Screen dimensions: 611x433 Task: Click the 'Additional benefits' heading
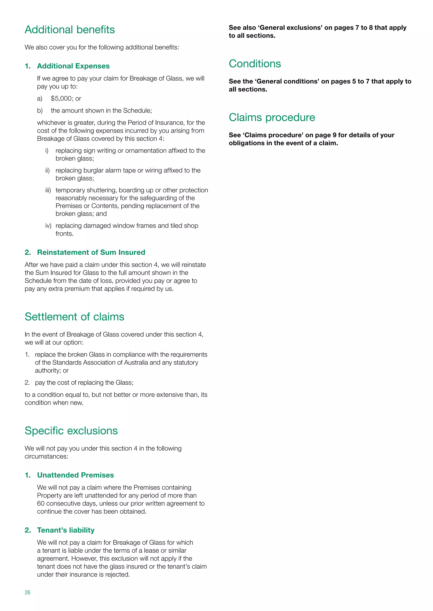pos(70,30)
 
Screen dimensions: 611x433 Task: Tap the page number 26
pos(27,592)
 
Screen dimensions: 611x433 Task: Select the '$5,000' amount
pos(61,99)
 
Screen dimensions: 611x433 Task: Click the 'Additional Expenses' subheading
pos(73,66)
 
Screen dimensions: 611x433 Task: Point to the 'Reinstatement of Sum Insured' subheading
pos(91,252)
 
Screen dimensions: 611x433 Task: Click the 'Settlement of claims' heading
pos(74,317)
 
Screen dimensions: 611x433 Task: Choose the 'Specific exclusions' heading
pos(71,431)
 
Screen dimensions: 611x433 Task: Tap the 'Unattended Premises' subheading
pos(75,475)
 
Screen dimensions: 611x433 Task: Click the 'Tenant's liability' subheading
pos(66,530)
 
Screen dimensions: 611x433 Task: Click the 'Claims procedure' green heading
pos(272,117)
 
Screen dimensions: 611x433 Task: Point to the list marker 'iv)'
pos(48,226)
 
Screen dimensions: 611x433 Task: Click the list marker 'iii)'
pos(48,190)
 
